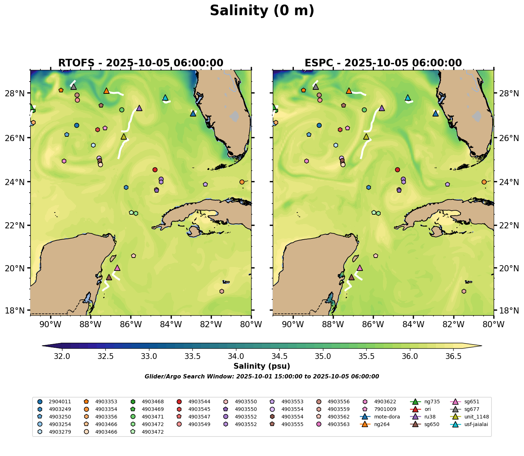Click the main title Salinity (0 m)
point(262,11)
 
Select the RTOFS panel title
point(141,63)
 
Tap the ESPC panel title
point(383,63)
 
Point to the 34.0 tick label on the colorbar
point(236,356)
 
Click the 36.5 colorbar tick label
point(453,356)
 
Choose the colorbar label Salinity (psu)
point(262,366)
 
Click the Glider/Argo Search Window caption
point(262,377)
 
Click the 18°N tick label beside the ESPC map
point(509,311)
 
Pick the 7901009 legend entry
point(383,409)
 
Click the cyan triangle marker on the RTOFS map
point(165,97)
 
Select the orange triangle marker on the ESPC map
point(349,91)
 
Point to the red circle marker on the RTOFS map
point(155,170)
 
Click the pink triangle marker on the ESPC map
point(359,268)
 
